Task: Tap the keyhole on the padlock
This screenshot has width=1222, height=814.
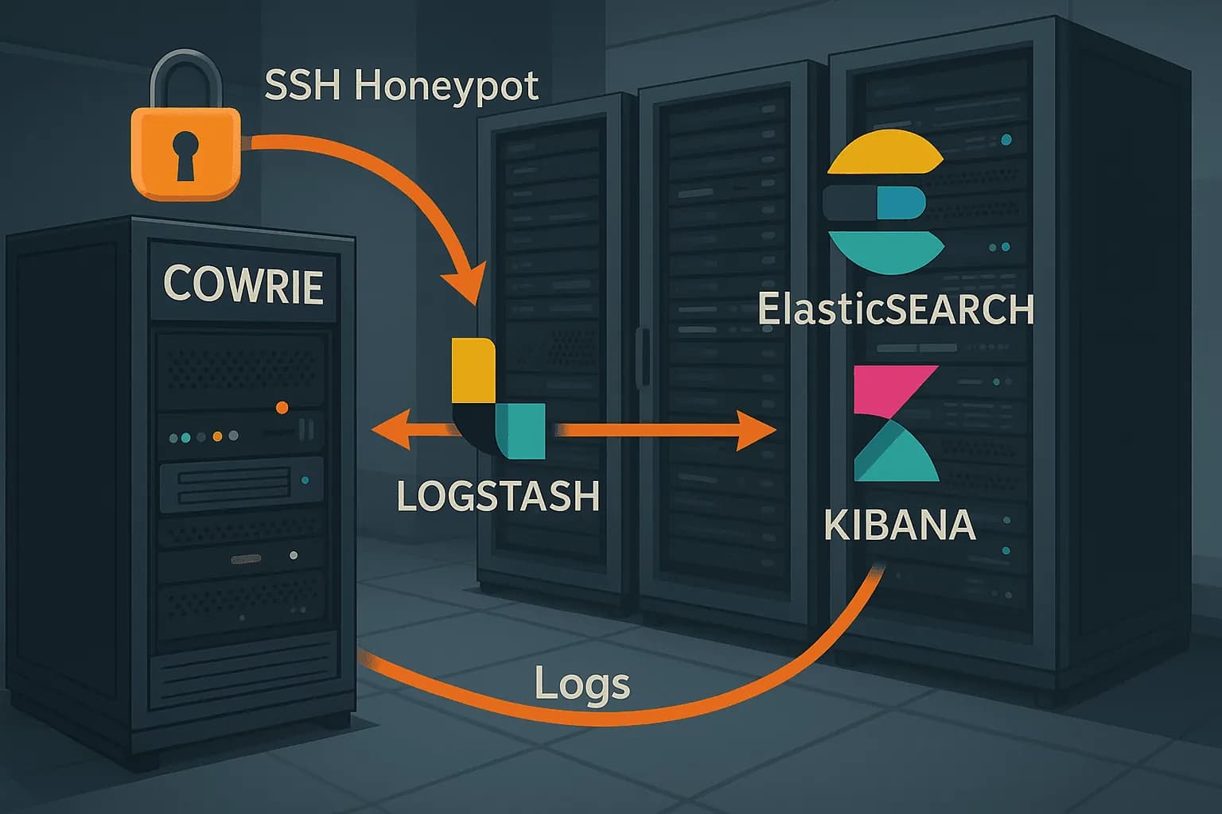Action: (185, 155)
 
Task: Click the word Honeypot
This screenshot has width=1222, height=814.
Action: (446, 87)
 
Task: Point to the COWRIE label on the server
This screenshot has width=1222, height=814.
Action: (243, 285)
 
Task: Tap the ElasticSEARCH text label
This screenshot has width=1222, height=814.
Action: (895, 309)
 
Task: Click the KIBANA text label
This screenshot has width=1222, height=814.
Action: (900, 525)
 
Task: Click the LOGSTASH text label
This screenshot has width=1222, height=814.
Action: (497, 497)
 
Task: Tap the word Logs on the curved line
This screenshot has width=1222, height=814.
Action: (582, 684)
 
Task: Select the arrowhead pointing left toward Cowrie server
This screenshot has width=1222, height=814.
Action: (390, 430)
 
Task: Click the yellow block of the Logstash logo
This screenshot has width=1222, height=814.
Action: (472, 370)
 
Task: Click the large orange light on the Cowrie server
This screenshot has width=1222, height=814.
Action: (282, 408)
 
